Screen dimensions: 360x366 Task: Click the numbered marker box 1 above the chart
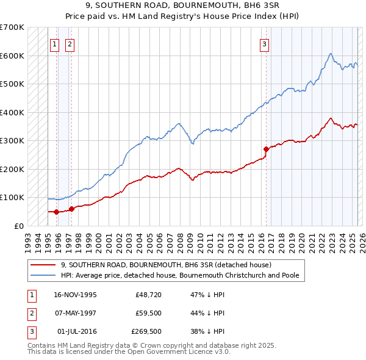tap(54, 43)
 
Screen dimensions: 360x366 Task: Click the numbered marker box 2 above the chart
tap(70, 43)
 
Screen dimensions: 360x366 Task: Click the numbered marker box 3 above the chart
tap(264, 43)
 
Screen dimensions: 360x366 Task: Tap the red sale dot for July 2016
tap(266, 149)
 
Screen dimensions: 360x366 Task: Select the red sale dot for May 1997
tap(71, 209)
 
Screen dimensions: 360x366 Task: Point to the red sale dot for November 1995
tap(56, 212)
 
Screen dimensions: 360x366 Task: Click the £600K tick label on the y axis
tap(12, 56)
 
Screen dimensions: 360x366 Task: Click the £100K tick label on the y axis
tap(12, 198)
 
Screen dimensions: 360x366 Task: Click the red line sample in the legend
tap(44, 265)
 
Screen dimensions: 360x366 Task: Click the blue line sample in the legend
tap(44, 275)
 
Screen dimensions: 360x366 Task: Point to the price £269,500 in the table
tap(146, 332)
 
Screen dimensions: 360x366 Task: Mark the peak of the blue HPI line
tap(330, 54)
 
